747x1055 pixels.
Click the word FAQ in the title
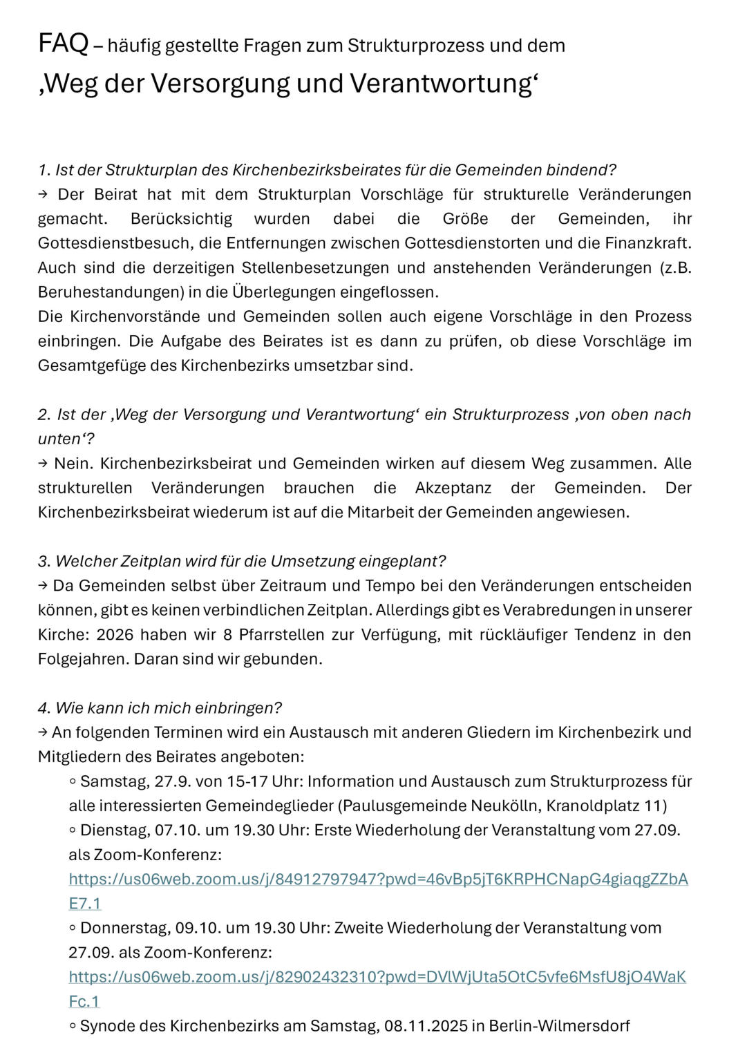click(x=63, y=44)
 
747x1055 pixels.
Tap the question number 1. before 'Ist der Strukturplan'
click(x=44, y=170)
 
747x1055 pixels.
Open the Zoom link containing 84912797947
click(x=378, y=880)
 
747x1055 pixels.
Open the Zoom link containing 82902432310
click(x=377, y=977)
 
